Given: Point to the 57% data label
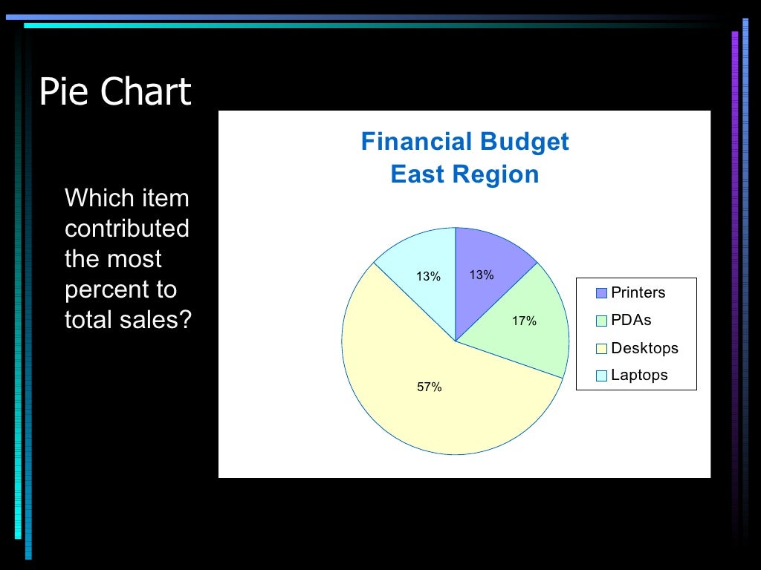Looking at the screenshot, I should [x=429, y=387].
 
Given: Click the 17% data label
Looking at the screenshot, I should [x=523, y=321].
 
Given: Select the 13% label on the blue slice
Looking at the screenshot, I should [x=481, y=275].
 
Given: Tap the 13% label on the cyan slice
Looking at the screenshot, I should [x=428, y=277].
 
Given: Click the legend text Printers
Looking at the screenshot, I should [x=638, y=292].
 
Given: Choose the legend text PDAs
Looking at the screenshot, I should [x=631, y=321].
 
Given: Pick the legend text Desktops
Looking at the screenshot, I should [x=644, y=348].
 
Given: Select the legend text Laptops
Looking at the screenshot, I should [x=639, y=375].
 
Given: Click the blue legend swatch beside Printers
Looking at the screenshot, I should [x=601, y=293].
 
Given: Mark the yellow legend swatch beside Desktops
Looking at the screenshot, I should [x=601, y=349].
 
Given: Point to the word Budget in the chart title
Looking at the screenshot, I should [x=524, y=141].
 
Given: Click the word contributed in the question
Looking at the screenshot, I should [x=127, y=229].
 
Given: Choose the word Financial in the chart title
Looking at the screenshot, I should [x=416, y=141].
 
